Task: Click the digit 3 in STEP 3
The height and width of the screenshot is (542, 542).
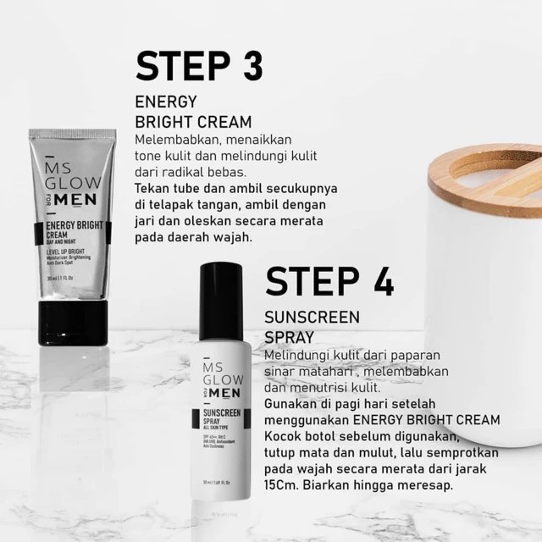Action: [245, 65]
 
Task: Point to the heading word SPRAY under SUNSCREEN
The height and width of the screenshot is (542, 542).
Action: [290, 337]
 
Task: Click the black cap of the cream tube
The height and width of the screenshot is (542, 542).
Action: [74, 311]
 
